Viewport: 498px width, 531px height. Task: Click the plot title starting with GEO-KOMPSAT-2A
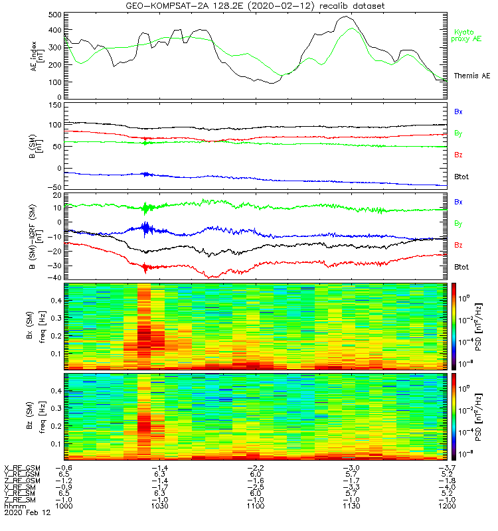coord(255,6)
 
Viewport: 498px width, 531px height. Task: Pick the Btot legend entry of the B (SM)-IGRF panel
coord(461,266)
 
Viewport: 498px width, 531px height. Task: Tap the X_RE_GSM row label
coord(22,467)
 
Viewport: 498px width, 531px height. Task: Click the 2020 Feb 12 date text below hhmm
coord(27,512)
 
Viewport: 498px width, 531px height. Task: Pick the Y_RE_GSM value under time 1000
coord(64,474)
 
